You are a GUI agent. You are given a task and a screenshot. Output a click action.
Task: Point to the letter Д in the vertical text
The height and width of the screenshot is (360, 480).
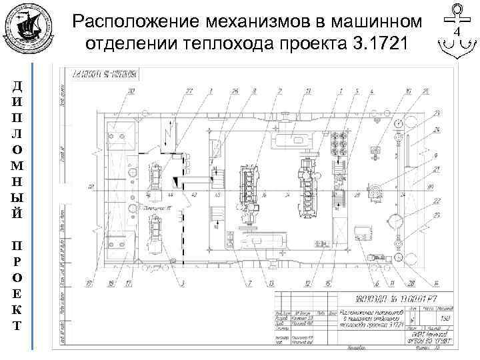pyautogui.click(x=16, y=87)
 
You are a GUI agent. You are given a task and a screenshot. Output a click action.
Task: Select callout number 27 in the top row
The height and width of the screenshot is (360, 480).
pyautogui.click(x=189, y=90)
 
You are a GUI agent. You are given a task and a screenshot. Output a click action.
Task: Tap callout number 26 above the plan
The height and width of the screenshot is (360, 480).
pyautogui.click(x=235, y=90)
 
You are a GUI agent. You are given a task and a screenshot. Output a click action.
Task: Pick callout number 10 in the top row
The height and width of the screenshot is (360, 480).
pyautogui.click(x=408, y=90)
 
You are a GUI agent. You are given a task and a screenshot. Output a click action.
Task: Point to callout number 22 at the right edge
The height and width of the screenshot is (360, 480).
pyautogui.click(x=437, y=200)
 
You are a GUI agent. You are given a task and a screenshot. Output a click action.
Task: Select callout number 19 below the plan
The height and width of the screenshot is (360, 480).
pyautogui.click(x=88, y=284)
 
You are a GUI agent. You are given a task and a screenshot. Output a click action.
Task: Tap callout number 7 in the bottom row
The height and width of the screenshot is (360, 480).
pyautogui.click(x=248, y=284)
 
